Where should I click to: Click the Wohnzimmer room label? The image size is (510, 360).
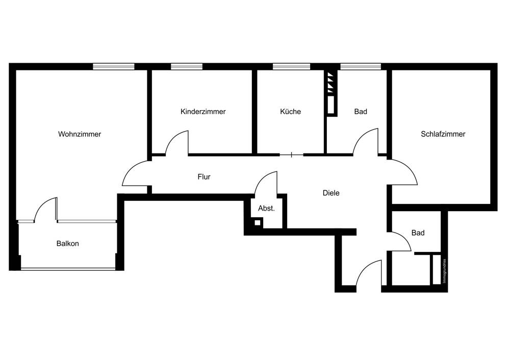coord(80,135)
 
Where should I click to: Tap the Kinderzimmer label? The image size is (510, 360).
coord(203,112)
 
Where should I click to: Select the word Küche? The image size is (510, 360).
coord(290,112)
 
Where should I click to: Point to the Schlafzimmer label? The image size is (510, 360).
coord(443,135)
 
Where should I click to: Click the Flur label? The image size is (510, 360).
coord(204,177)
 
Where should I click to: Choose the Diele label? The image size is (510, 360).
coord(331,193)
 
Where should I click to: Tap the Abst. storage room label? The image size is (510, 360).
coord(266,208)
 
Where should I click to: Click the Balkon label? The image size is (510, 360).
coord(67,244)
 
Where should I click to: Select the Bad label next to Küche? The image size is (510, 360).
coord(361,112)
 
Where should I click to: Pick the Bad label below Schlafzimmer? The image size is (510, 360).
coord(418,233)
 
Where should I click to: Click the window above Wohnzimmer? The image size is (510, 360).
coord(113,66)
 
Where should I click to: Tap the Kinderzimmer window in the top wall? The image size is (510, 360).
coord(186,66)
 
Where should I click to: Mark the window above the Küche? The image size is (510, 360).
coord(291,66)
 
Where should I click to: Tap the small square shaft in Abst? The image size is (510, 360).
coord(258,222)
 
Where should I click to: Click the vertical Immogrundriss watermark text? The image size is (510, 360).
coord(445,270)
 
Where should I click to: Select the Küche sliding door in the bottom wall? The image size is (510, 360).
coord(291,154)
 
